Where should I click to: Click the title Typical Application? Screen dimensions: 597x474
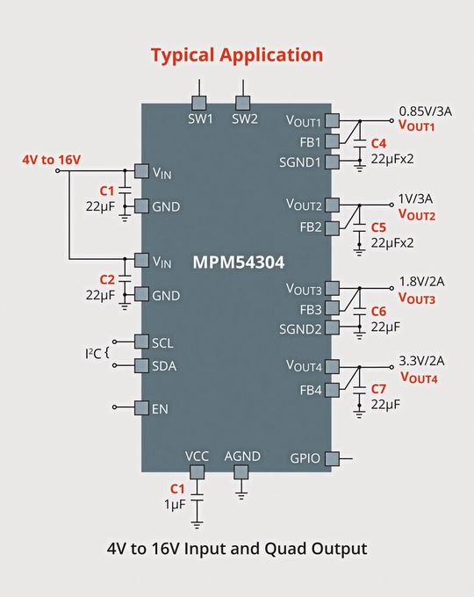(x=237, y=54)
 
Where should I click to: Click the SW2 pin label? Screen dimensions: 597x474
(x=245, y=119)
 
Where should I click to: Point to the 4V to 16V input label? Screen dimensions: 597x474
(x=51, y=160)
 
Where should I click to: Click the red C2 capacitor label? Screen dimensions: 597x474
(x=107, y=279)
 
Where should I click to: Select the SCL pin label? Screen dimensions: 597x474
(x=164, y=342)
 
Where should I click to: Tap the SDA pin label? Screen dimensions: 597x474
(x=165, y=366)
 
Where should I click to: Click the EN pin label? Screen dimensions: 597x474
(x=160, y=408)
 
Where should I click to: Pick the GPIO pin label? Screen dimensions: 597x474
(x=305, y=458)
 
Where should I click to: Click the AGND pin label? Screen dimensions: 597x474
(x=242, y=457)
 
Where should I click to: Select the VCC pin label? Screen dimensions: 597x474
(x=197, y=457)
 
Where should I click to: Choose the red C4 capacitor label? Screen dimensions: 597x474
(x=378, y=142)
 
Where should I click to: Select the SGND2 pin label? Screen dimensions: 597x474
(x=303, y=327)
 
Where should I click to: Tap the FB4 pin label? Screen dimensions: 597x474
(x=311, y=389)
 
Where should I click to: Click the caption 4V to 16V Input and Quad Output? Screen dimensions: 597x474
(x=237, y=549)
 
